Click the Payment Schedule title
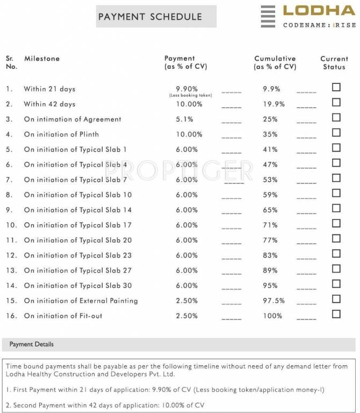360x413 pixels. [x=150, y=17]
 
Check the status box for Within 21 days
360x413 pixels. [x=336, y=88]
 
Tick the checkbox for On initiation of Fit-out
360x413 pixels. [x=336, y=314]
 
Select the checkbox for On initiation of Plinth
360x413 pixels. [x=336, y=133]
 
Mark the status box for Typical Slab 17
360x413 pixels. [x=336, y=224]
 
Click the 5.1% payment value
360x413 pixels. [x=185, y=119]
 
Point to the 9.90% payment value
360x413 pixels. [x=187, y=89]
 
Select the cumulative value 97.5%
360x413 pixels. [x=273, y=301]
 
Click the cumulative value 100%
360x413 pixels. [x=272, y=316]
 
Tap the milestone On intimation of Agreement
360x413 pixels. [x=73, y=119]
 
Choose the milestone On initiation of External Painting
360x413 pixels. [x=81, y=301]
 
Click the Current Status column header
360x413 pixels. [x=334, y=62]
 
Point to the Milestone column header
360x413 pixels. [x=42, y=59]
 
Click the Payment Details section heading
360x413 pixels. [x=32, y=344]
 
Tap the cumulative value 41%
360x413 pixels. [x=270, y=149]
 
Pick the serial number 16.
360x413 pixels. [x=11, y=316]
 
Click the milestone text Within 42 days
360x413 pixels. [x=49, y=104]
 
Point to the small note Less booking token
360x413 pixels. [x=190, y=96]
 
